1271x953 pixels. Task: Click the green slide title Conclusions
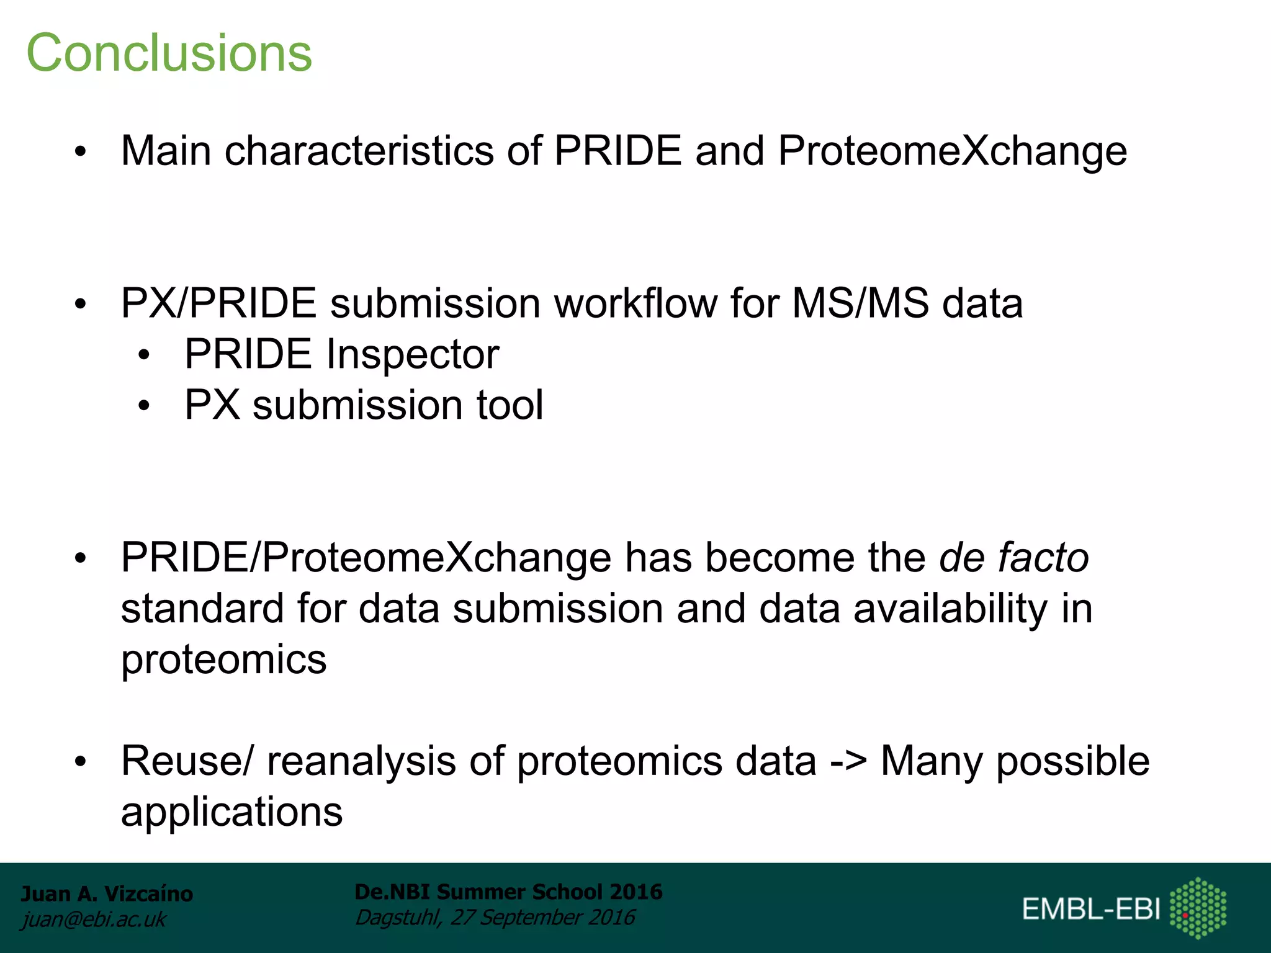pos(169,53)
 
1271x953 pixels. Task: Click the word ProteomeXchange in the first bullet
pos(952,151)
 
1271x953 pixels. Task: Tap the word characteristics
pos(359,151)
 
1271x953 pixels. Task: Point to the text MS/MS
pos(860,303)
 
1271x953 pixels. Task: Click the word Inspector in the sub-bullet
pos(412,354)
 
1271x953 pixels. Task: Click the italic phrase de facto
pos(1013,557)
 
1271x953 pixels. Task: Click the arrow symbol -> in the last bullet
pos(848,761)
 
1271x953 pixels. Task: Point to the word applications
pos(231,812)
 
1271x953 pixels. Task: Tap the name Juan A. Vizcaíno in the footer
pos(107,893)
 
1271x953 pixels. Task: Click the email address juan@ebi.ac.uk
pos(93,919)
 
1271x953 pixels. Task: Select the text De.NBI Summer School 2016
pos(508,892)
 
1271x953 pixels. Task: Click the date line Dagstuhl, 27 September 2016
pos(495,917)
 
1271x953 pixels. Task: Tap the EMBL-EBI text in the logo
pos(1090,909)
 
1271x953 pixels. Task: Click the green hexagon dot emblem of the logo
pos(1198,907)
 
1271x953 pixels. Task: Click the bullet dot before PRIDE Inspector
pos(144,356)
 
